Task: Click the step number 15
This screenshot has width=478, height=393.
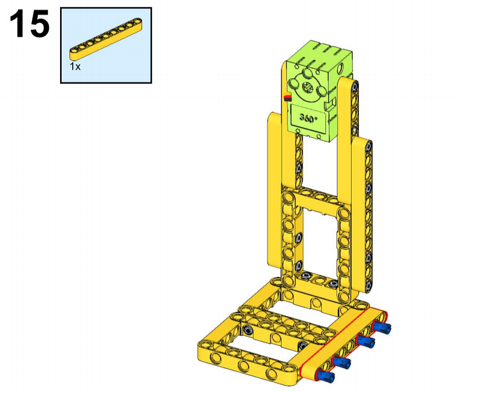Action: pos(30,24)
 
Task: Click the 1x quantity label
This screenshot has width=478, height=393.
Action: pos(75,66)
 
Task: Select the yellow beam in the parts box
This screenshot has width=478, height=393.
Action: pos(106,38)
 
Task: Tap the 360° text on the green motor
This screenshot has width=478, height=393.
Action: pos(308,118)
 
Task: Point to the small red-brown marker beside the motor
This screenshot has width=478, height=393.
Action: pos(288,98)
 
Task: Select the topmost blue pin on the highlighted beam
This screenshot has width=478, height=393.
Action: pos(382,327)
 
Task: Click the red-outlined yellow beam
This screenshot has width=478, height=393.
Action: pos(344,344)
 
